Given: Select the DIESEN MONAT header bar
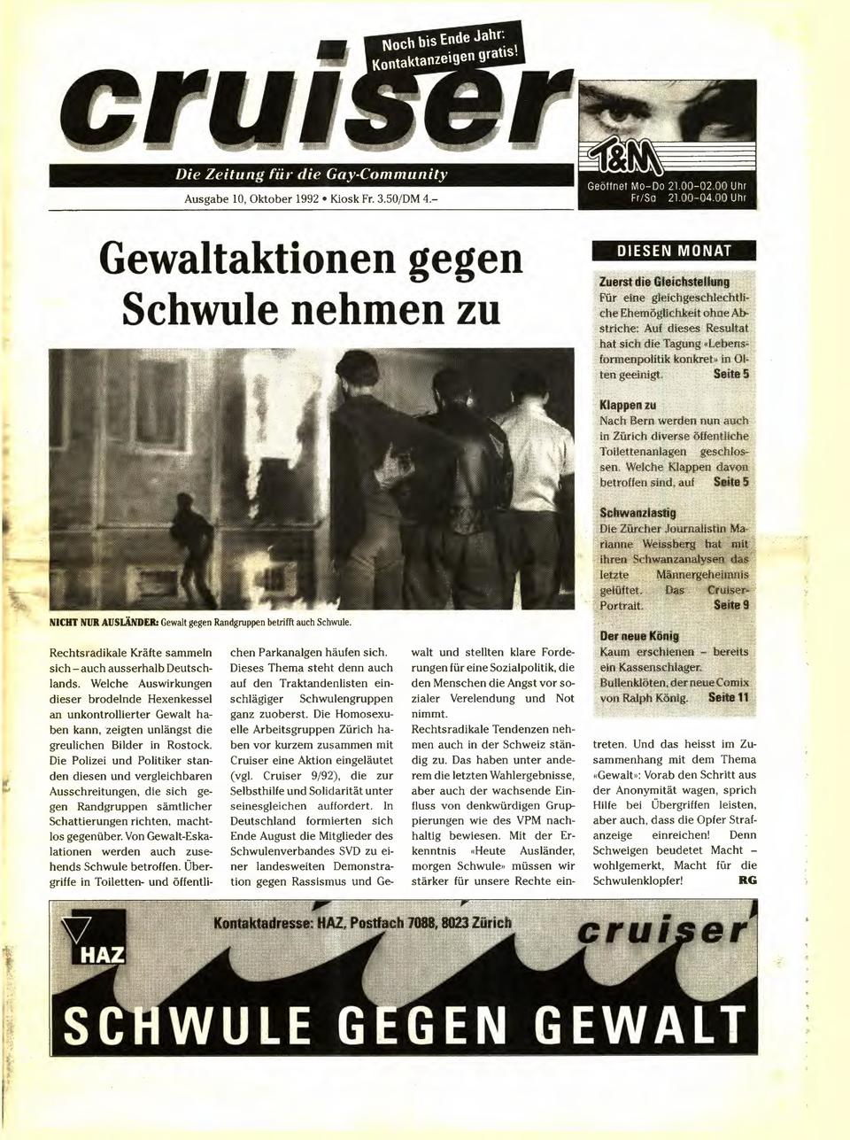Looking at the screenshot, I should click(674, 251).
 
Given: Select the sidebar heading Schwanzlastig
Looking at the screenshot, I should click(637, 513).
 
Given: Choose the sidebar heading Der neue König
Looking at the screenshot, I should click(639, 636).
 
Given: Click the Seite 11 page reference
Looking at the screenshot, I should click(730, 699).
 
